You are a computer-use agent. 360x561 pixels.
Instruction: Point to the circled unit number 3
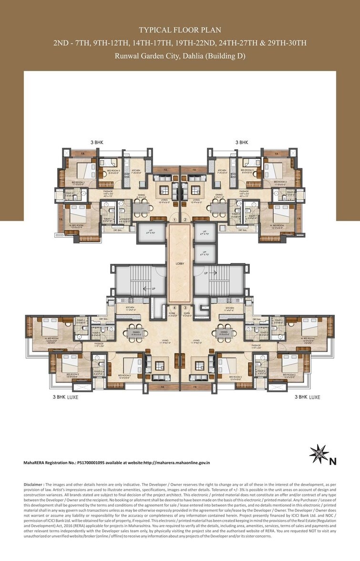(185, 308)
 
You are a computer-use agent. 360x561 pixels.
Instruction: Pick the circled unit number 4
(175, 308)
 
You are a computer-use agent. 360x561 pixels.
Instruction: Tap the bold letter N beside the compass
(333, 461)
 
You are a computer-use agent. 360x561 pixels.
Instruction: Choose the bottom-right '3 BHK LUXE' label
(307, 397)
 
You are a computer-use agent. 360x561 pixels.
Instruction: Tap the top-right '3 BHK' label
(242, 142)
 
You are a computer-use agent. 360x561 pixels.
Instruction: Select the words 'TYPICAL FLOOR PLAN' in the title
(180, 30)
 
